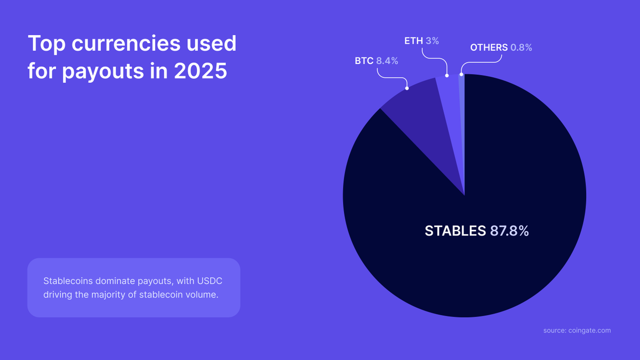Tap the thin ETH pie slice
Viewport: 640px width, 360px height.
(x=450, y=107)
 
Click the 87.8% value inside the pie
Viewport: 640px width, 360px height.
(x=509, y=231)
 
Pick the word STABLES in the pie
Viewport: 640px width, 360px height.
(x=455, y=231)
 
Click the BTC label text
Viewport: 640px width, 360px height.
(x=364, y=61)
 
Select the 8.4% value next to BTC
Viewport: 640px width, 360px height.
(x=387, y=61)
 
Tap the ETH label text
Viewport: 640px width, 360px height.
(x=413, y=40)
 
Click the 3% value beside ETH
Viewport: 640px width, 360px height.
(x=433, y=40)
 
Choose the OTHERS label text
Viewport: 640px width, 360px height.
(x=489, y=47)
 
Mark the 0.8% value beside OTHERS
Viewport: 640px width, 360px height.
(x=521, y=47)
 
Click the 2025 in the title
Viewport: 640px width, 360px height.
(x=201, y=71)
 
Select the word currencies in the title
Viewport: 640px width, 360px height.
(x=121, y=43)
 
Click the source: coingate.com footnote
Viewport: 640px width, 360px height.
(x=577, y=331)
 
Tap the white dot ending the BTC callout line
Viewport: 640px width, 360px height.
(x=407, y=87)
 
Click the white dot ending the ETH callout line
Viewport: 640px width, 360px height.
(x=447, y=75)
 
